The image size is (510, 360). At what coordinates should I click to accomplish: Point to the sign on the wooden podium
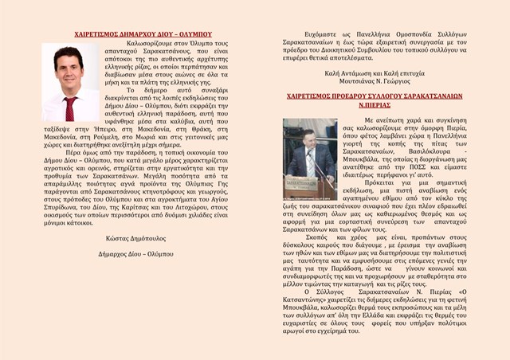tap(300, 186)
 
